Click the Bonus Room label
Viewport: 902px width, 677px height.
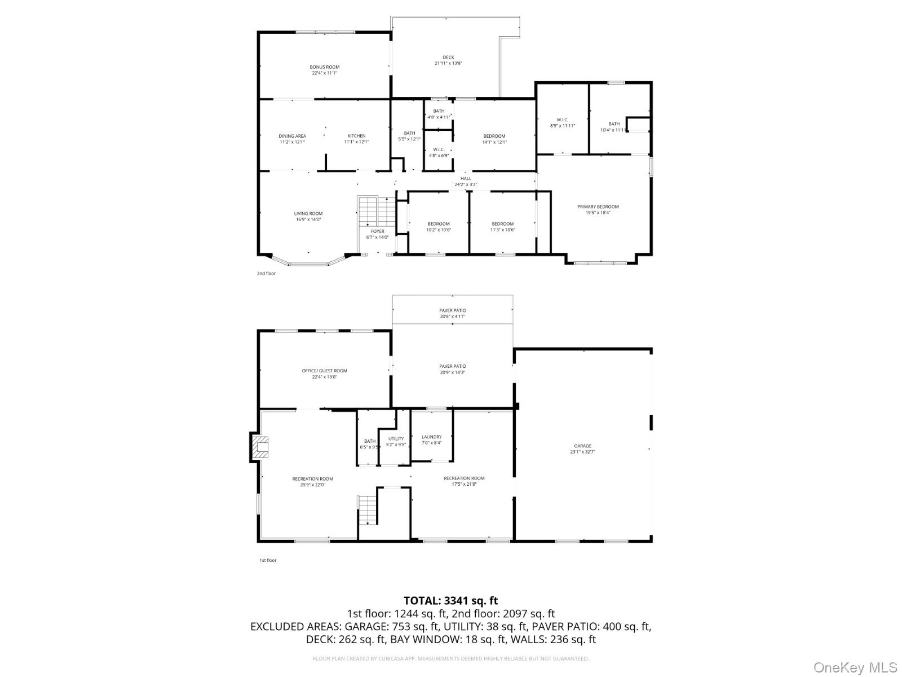tap(325, 67)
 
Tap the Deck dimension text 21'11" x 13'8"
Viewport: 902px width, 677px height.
tap(448, 64)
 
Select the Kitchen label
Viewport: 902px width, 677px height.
tap(356, 136)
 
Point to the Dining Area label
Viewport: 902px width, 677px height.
tap(292, 136)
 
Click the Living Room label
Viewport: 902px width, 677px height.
tap(308, 214)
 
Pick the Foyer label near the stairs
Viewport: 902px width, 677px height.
tap(377, 231)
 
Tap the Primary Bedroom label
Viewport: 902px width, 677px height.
tap(598, 207)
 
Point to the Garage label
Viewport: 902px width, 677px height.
tap(582, 446)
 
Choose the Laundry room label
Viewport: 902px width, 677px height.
tap(431, 437)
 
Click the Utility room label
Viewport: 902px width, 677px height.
tap(396, 438)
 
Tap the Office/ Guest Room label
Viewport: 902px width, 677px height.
tap(325, 371)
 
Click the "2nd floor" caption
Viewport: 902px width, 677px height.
tap(266, 274)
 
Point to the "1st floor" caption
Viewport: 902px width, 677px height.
tap(268, 560)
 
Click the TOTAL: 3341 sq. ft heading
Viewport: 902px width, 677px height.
tap(450, 601)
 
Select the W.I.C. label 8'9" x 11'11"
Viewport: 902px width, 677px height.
tap(562, 120)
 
